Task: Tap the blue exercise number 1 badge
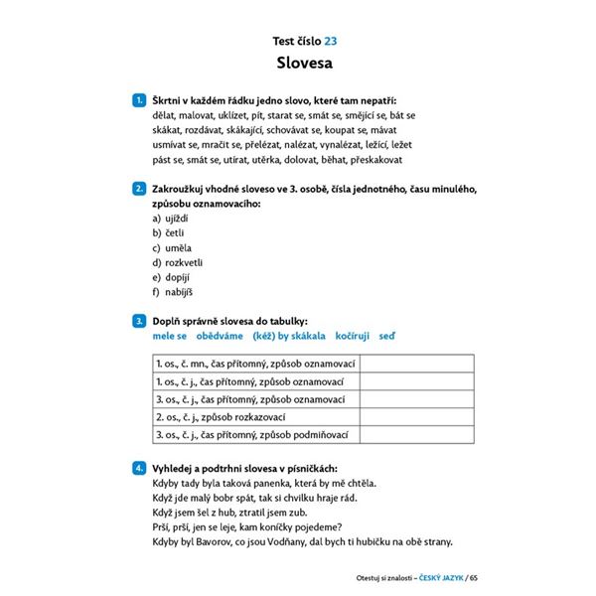(x=138, y=100)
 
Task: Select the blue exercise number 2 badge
(x=138, y=188)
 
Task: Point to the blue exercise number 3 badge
(x=138, y=322)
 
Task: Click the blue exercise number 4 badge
(x=138, y=468)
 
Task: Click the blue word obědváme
(x=223, y=337)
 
